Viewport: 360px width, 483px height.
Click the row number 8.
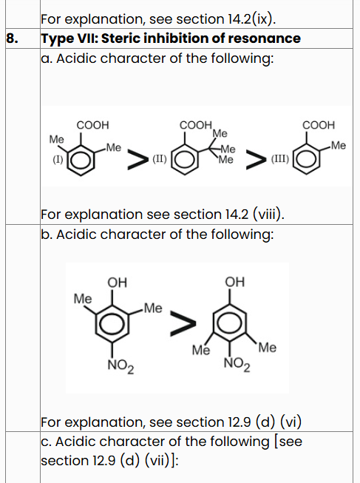(12, 38)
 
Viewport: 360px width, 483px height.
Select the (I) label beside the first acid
(58, 160)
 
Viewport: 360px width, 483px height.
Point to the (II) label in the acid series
(160, 159)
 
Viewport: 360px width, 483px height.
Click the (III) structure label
(280, 159)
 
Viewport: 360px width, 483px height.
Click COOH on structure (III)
(319, 125)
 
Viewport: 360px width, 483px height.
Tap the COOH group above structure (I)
(92, 125)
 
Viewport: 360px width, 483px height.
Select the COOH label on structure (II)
(196, 125)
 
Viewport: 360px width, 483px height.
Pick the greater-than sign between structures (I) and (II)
(137, 159)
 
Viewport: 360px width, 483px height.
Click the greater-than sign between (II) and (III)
(256, 159)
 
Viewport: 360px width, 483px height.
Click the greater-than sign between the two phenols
(183, 323)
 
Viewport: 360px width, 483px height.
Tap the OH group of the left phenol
(117, 283)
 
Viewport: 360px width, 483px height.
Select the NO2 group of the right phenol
(237, 365)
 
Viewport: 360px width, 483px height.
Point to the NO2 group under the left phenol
(120, 367)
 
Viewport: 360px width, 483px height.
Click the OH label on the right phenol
(234, 282)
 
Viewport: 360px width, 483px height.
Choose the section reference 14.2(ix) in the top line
(251, 19)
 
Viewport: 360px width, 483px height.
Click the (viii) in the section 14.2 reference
(268, 215)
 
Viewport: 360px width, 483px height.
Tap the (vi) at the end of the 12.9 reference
(291, 422)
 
